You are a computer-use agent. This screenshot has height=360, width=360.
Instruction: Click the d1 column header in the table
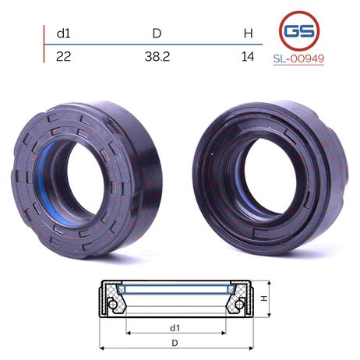coord(63,34)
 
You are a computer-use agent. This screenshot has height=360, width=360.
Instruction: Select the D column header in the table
coord(157,34)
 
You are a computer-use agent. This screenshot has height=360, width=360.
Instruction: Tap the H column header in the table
coord(249,34)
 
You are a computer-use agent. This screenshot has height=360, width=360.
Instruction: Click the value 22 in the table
coord(63,56)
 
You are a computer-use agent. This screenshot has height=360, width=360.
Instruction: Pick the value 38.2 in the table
coord(157,56)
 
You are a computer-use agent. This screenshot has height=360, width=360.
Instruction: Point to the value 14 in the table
coord(248,56)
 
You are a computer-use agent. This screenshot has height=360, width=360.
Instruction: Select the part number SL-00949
coord(298,58)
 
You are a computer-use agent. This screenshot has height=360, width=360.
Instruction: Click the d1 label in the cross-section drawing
coord(175,328)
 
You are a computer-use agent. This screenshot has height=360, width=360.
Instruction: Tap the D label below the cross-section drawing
coord(175,343)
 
